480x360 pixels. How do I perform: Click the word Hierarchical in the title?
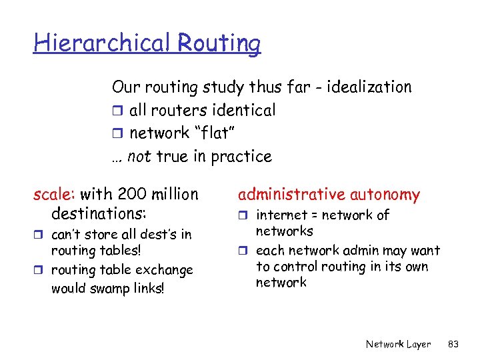[103, 43]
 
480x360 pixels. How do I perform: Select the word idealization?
[370, 87]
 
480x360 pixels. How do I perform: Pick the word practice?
[241, 157]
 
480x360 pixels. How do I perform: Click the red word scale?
[55, 195]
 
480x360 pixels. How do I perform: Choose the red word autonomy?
[387, 195]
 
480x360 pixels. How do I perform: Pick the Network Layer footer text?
[398, 344]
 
